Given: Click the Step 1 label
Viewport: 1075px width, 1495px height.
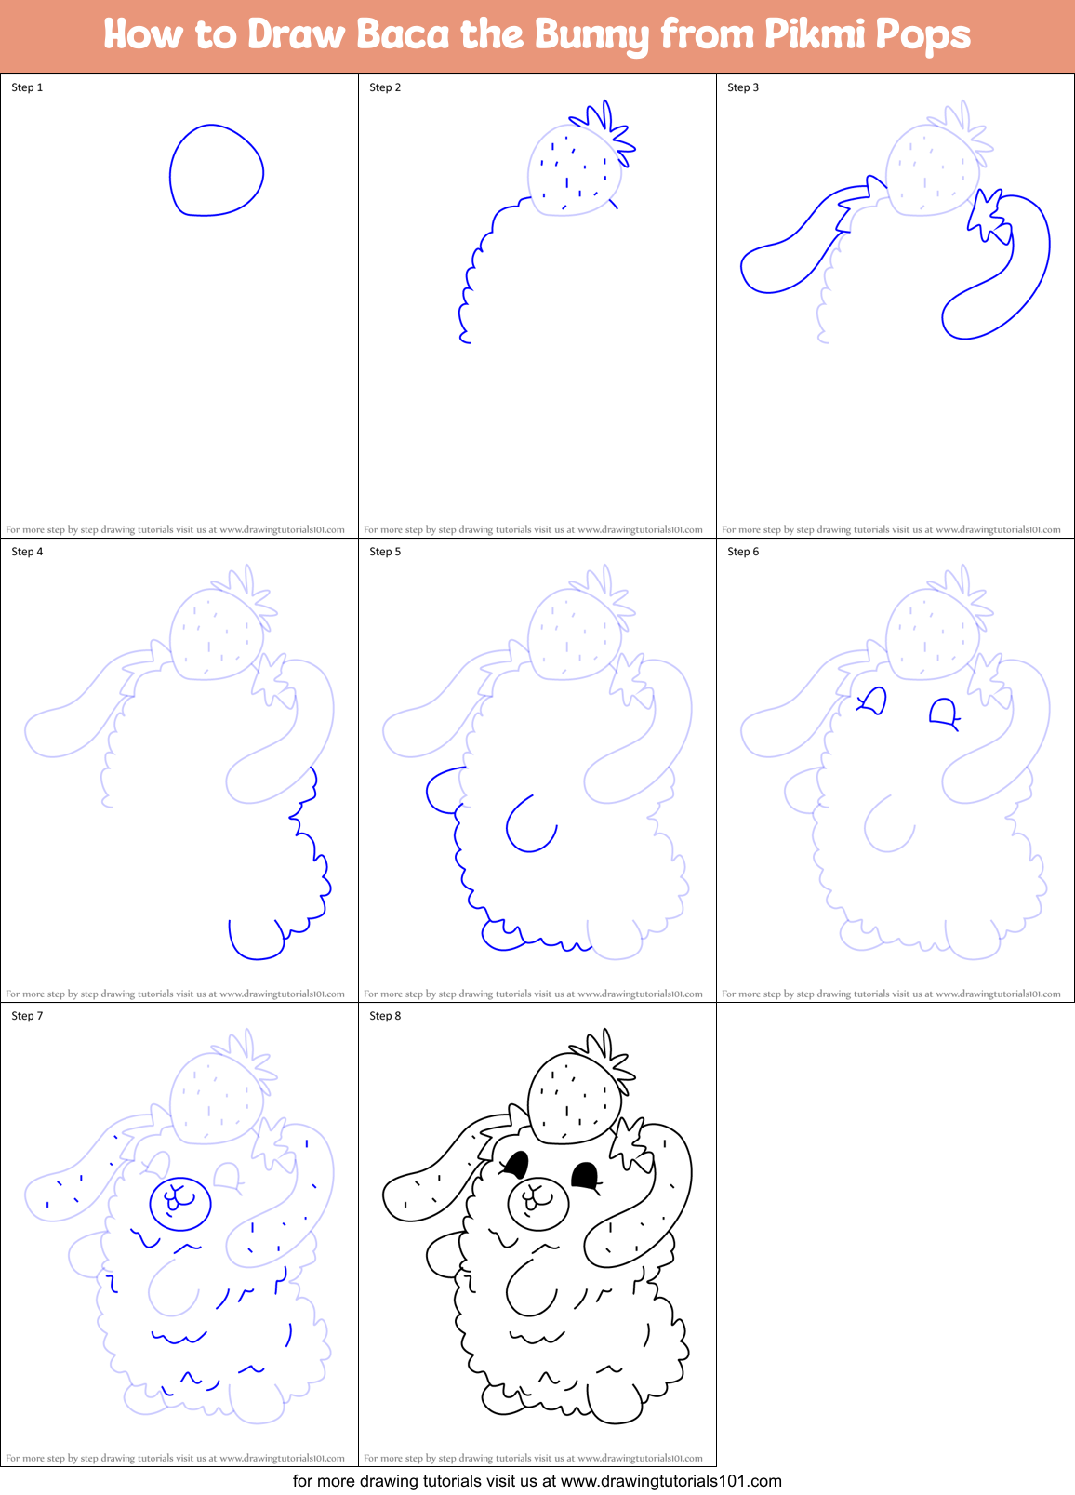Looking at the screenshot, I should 27,87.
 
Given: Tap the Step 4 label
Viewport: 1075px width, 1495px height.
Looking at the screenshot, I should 27,552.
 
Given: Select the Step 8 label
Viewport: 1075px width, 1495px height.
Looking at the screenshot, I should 385,1016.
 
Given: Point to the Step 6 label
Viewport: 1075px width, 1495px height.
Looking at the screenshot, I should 743,552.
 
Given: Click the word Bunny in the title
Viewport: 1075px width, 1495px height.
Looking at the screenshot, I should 591,35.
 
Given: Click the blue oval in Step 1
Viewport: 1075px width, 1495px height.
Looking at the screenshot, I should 216,170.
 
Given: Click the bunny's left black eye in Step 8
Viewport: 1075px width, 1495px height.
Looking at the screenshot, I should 517,1164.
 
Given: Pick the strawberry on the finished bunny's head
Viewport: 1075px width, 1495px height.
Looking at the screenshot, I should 574,1098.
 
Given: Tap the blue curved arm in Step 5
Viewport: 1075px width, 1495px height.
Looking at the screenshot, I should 530,825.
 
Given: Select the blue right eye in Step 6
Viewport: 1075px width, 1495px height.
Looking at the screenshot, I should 944,714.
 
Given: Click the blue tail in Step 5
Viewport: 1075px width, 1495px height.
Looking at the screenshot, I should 444,791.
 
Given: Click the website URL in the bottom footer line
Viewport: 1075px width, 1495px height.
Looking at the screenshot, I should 671,1481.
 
